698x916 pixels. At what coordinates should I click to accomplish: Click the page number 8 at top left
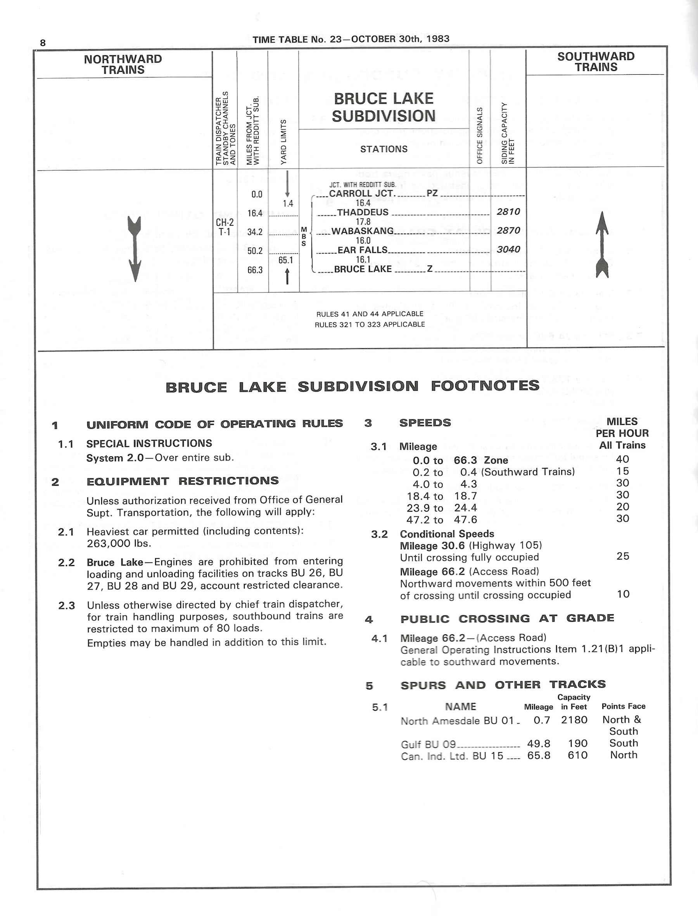point(43,43)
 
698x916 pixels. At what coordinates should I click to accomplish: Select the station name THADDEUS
point(363,213)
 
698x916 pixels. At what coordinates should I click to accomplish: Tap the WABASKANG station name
point(362,231)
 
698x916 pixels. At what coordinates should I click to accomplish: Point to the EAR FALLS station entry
point(362,250)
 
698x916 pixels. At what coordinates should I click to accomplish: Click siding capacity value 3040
point(508,249)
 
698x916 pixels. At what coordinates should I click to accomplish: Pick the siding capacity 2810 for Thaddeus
point(508,212)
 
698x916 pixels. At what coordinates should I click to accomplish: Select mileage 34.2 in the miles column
point(255,232)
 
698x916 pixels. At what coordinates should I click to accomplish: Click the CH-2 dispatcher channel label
point(225,223)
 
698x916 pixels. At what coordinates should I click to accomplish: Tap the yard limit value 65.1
point(286,261)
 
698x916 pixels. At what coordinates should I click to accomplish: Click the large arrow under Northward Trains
point(135,249)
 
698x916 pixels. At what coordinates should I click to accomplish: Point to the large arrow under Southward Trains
point(602,245)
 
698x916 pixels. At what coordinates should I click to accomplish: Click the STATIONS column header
point(384,150)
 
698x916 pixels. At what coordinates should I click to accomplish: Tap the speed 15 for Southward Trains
point(622,471)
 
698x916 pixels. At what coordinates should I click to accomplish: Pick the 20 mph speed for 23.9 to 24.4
point(622,507)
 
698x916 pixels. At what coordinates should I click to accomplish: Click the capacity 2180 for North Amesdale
point(574,720)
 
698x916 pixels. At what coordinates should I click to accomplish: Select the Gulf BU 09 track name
point(428,744)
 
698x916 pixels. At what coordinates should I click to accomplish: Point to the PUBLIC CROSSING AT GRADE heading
point(507,619)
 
